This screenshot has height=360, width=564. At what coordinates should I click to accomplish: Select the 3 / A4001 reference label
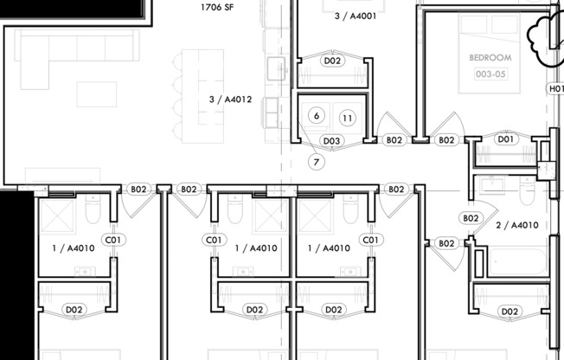coord(356,15)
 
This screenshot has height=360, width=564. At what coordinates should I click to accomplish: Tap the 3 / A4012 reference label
coord(230,100)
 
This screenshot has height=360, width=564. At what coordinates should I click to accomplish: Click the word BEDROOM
coord(490,57)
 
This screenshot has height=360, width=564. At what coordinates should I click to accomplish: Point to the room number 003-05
coord(490,74)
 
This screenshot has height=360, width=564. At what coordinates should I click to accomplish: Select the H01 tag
coord(555,88)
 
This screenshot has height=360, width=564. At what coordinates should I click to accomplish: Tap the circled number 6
coord(317,116)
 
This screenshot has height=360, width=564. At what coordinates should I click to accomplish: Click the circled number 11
coord(347,117)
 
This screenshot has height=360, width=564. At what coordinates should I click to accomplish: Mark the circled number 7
coord(317,162)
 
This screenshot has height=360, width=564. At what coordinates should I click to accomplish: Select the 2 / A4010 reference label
coord(516,225)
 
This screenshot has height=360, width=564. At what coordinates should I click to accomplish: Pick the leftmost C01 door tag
coord(112,240)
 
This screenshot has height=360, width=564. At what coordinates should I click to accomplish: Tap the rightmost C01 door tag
coord(370,240)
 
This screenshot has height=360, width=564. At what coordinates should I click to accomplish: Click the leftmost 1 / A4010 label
coord(74,248)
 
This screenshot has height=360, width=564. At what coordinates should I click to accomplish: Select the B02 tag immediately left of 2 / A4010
coord(471,219)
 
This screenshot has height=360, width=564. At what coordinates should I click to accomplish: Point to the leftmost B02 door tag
coord(138,189)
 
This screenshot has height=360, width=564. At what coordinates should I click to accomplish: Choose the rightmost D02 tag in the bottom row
coord(510,311)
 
